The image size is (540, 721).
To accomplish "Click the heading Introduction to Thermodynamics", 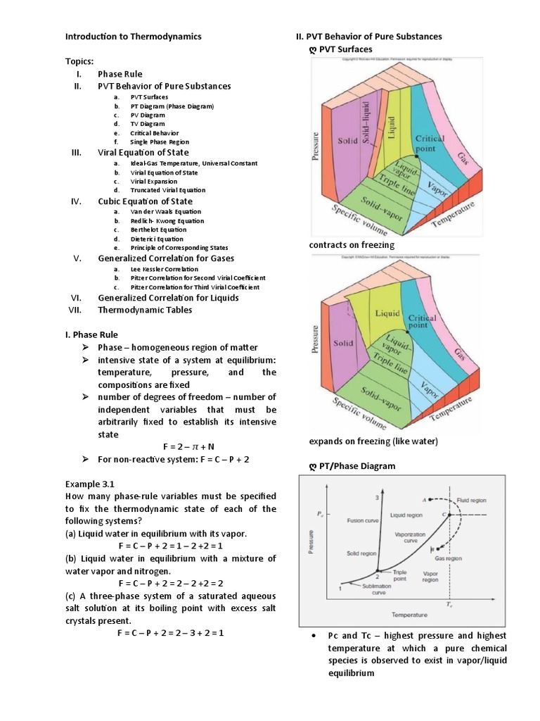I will click(x=134, y=36).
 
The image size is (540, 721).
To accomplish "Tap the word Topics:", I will click(x=81, y=61).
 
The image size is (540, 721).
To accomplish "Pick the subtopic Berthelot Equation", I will click(x=157, y=230).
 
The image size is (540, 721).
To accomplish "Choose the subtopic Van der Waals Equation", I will click(x=166, y=211).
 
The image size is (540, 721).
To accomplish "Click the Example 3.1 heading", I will click(x=90, y=484).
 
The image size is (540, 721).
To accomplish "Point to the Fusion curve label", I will click(x=364, y=521).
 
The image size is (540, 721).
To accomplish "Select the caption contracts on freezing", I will click(x=352, y=244).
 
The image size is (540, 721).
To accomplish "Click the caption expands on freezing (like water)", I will click(x=373, y=441).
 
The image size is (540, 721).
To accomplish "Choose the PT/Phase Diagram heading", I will click(x=357, y=465).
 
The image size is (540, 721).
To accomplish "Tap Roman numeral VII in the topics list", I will click(x=77, y=310).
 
